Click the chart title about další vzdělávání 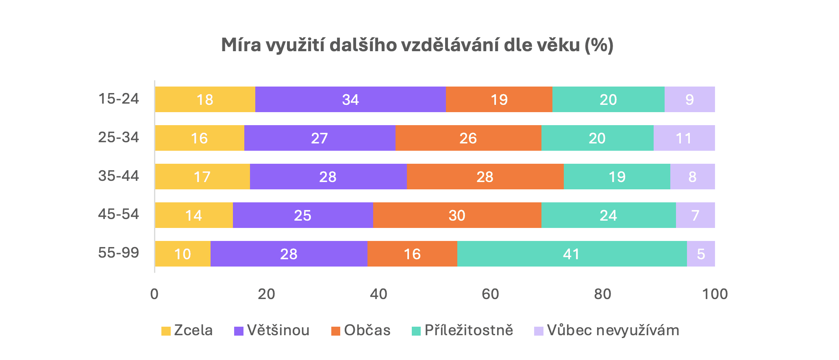coord(417,45)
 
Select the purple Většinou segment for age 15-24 coord(350,100)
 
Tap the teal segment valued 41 coord(572,254)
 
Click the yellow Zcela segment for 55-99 coord(183,254)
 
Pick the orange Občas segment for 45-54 coord(457,215)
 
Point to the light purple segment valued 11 coord(684,138)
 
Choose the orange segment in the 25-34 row coord(468,138)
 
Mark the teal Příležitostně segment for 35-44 coord(617,177)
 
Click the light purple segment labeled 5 coord(701,254)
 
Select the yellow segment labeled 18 coord(205,100)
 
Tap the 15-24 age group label coord(119,99)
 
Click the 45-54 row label coord(119,214)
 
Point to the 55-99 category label coord(119,253)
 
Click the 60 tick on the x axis coord(490,294)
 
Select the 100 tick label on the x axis coord(715,294)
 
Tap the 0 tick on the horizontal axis coord(154,294)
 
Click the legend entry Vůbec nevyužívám coord(613,330)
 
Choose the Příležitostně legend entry coord(468,330)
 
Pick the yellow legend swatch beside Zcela coord(166,331)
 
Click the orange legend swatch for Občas coord(336,331)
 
